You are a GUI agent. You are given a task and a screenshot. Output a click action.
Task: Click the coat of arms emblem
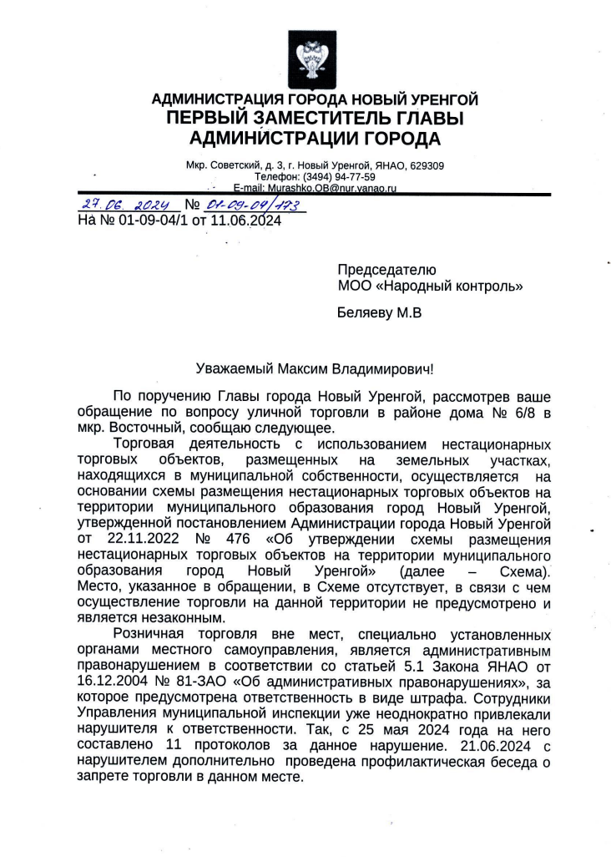tap(305, 58)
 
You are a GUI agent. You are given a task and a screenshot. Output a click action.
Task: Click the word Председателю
tap(386, 270)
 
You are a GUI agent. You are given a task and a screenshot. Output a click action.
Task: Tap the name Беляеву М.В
tap(380, 314)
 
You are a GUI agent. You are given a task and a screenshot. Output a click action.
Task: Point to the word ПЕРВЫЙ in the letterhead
tap(210, 119)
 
